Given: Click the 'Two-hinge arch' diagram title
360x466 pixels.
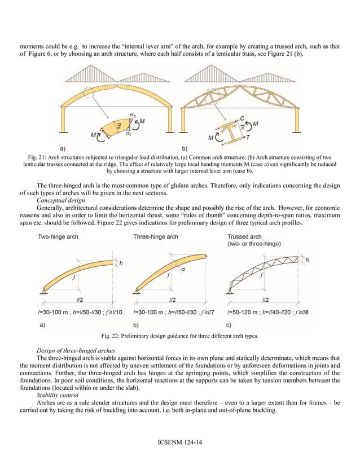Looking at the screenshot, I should [58, 236].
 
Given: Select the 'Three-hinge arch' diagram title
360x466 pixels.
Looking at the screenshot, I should [156, 236].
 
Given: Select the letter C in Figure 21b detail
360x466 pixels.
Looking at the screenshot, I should [241, 119].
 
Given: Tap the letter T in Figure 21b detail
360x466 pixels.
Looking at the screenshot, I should [248, 136].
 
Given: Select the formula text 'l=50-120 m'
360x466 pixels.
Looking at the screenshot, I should [244, 311].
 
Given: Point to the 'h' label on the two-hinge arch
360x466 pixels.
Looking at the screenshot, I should [120, 262].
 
